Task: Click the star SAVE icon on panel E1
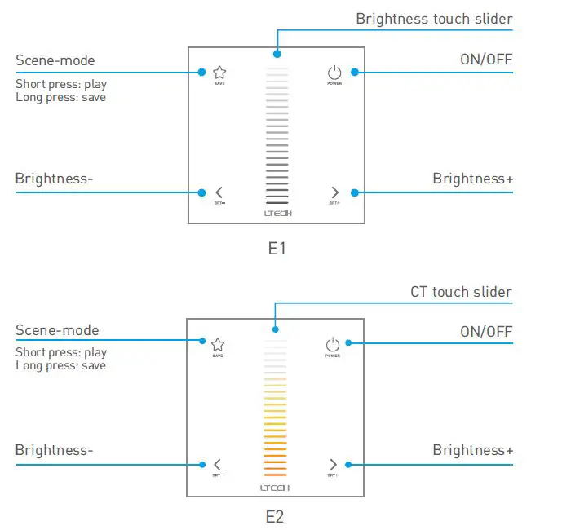point(219,73)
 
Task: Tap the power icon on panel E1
point(334,73)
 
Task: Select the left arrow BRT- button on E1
point(219,192)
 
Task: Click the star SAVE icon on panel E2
point(218,345)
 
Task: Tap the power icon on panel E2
point(333,345)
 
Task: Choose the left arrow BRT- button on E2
point(218,465)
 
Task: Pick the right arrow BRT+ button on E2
point(334,465)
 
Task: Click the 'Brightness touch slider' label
point(434,19)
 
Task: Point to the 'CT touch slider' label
point(461,292)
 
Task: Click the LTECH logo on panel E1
point(277,214)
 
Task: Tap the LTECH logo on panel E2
point(275,488)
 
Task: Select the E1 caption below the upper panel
point(277,248)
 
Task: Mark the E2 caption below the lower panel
point(275,517)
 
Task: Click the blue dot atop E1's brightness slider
point(277,54)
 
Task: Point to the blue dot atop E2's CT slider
point(276,330)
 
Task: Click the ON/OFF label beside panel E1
point(486,60)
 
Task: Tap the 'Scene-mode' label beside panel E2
point(57,330)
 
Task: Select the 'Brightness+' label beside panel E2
point(472,450)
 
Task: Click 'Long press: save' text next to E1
point(60,97)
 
